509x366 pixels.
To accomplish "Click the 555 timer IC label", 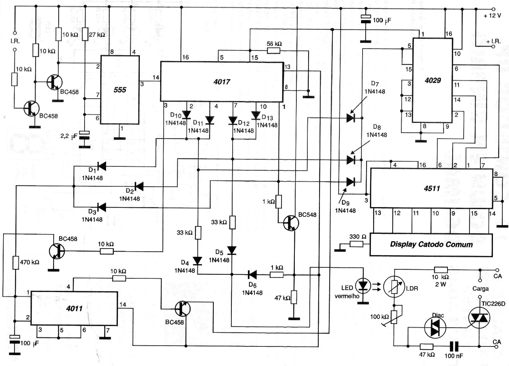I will pyautogui.click(x=120, y=90).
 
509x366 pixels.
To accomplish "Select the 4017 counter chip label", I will pyautogui.click(x=222, y=82).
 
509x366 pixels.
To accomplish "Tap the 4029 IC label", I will pyautogui.click(x=433, y=80).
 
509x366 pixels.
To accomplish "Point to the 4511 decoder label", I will pyautogui.click(x=431, y=188).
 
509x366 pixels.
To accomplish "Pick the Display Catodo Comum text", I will pyautogui.click(x=431, y=245).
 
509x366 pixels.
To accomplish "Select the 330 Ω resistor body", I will pyautogui.click(x=357, y=244).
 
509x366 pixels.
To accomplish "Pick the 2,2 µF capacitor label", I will pyautogui.click(x=70, y=136).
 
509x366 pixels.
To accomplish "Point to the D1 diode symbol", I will pyautogui.click(x=101, y=166).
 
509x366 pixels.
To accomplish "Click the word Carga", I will pyautogui.click(x=480, y=288).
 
